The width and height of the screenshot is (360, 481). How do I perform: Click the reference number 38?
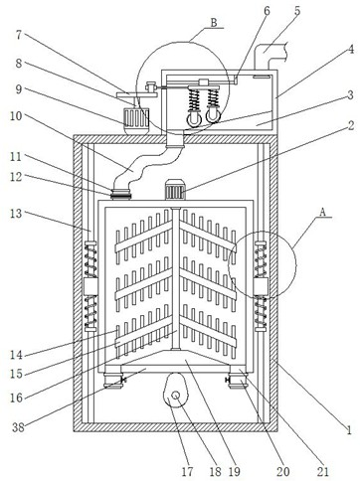coord(18,427)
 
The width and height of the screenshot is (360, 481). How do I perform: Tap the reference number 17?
coord(188,471)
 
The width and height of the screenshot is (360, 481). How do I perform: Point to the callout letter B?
coord(214,23)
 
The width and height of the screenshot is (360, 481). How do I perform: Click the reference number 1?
coord(348,430)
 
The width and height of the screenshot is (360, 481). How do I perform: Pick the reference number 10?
coord(16,116)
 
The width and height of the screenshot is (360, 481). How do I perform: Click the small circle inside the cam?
coord(176,395)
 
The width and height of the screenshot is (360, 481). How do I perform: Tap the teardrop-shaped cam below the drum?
coord(175,391)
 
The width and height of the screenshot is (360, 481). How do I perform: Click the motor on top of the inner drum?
coord(175,190)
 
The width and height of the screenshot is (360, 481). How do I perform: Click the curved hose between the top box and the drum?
coord(146,165)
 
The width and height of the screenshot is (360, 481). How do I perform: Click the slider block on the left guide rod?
coord(90,286)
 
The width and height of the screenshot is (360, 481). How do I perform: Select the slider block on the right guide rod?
coord(261,286)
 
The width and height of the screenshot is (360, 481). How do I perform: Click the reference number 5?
coord(296,10)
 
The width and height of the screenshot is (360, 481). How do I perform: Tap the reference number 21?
coord(323,471)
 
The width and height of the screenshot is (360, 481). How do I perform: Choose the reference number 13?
coord(16,214)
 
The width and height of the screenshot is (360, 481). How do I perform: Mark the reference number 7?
coord(19,35)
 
